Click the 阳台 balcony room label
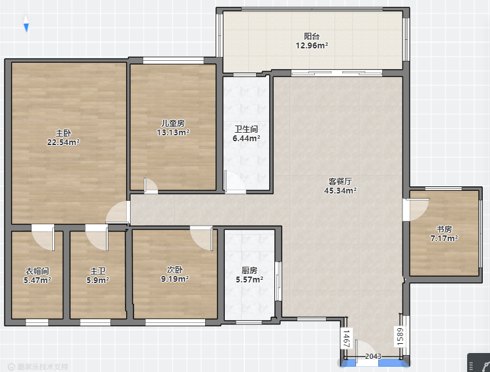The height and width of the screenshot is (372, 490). click(312, 36)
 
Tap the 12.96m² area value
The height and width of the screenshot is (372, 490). click(312, 46)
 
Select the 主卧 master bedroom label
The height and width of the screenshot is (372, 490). click(63, 133)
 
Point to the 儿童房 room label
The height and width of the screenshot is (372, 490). click(173, 124)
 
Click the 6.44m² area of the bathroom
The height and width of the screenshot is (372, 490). click(246, 138)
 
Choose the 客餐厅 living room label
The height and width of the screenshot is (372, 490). click(340, 181)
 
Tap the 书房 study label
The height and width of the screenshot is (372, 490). click(444, 229)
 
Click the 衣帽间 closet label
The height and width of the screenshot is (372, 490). click(37, 271)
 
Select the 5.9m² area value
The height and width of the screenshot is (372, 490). click(97, 280)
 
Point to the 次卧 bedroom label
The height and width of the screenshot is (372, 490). click(174, 269)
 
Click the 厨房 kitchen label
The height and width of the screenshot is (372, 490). click(249, 270)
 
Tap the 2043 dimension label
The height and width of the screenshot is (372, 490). click(373, 356)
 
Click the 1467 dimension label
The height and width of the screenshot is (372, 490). click(346, 339)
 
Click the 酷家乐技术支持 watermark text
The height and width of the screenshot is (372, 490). click(43, 367)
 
